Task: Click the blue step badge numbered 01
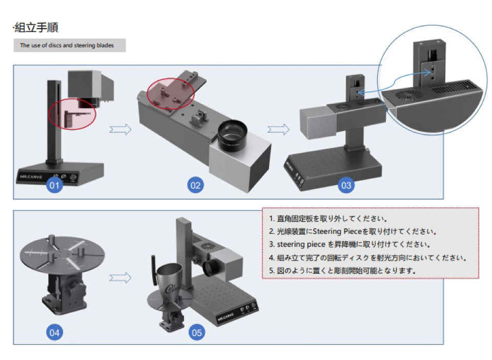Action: pos(55,185)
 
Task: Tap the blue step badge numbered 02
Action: pos(195,185)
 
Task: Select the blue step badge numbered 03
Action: pos(346,185)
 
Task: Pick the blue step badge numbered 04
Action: pos(55,332)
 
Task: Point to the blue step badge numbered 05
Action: pos(197,332)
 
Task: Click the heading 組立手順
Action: pos(40,27)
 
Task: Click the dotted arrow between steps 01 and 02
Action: pos(121,130)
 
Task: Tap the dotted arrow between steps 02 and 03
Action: pos(279,130)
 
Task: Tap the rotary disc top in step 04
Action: pos(61,252)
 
